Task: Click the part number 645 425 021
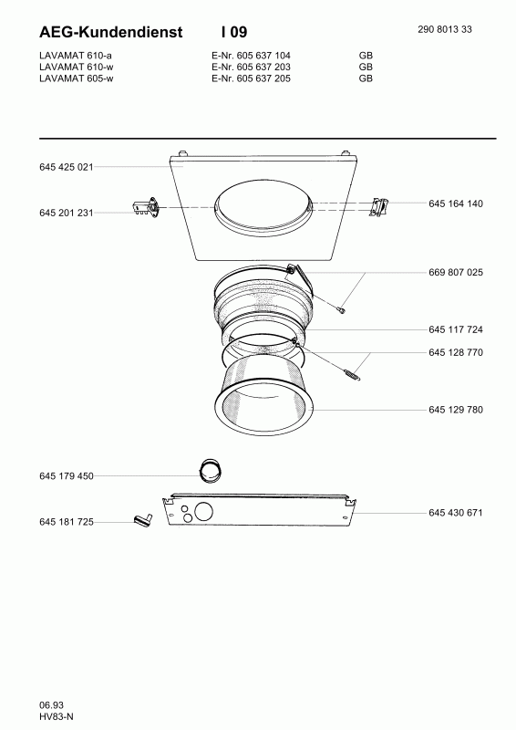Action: (67, 167)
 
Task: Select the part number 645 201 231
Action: (67, 212)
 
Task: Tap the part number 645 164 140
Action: (455, 203)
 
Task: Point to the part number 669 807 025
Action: (455, 273)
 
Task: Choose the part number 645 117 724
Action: (455, 329)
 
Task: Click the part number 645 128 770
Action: (455, 352)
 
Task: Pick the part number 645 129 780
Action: (455, 410)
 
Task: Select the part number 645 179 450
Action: (67, 475)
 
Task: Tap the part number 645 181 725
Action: (67, 522)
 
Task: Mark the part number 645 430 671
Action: (455, 513)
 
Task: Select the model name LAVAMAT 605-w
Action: (78, 78)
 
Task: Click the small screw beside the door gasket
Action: (341, 310)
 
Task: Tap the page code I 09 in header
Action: (234, 32)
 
